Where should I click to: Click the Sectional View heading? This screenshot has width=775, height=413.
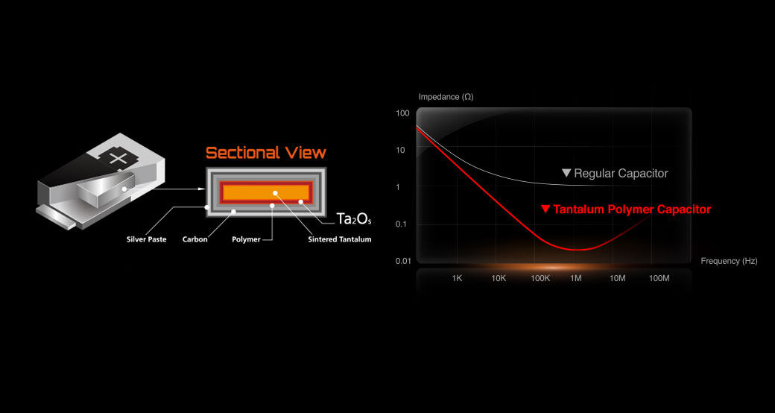click(266, 153)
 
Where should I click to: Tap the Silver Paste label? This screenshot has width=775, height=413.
click(146, 240)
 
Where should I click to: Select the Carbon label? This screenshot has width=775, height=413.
click(194, 240)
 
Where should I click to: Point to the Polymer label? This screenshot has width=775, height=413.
click(246, 240)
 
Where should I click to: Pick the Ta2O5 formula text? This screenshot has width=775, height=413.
click(353, 219)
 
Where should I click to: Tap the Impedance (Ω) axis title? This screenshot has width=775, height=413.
click(446, 97)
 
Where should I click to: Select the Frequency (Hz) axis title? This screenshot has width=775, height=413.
click(729, 261)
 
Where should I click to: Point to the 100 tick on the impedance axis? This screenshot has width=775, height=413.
click(403, 113)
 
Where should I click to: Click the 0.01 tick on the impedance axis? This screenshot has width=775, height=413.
click(404, 261)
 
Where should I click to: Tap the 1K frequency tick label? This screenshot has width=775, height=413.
click(457, 279)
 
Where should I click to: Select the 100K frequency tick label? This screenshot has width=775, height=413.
click(540, 279)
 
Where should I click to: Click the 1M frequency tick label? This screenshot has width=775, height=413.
click(576, 279)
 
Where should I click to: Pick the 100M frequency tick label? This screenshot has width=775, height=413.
click(659, 279)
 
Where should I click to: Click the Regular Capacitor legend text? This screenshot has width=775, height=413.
click(621, 174)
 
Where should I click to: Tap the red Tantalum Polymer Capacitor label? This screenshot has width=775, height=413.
click(632, 209)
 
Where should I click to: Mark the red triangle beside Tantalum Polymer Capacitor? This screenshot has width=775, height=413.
click(545, 209)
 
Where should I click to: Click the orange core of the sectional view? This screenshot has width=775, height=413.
click(267, 192)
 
